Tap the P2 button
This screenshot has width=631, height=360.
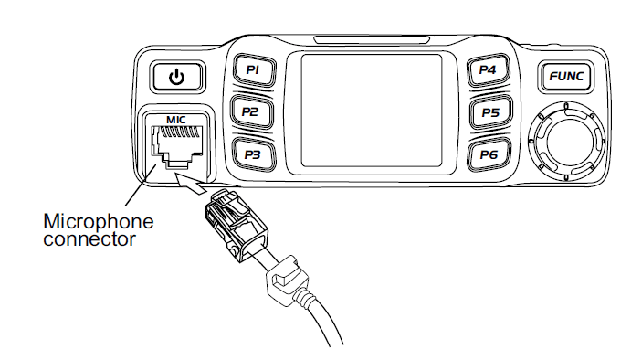point(250,111)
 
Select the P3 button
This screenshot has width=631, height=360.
point(252,154)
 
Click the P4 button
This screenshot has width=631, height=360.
point(488,70)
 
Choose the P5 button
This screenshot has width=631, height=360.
point(489,112)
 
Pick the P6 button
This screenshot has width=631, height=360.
point(489,154)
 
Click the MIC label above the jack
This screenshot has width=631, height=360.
point(174,119)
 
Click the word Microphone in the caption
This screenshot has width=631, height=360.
point(99,222)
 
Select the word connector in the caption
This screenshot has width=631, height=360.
point(89,239)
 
